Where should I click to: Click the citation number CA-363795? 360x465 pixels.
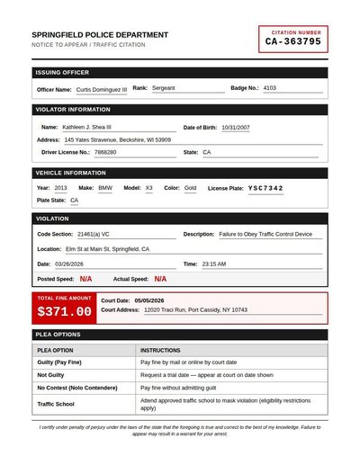point(292,41)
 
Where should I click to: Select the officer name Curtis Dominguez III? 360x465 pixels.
point(102,89)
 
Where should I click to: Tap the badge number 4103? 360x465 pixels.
point(270,88)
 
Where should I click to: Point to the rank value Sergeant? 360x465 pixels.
point(164,88)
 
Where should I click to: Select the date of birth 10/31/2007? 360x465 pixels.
point(236,127)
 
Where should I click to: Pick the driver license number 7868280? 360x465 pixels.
point(105,152)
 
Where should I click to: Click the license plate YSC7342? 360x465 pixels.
point(265,188)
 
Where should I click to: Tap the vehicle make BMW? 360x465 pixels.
point(105,188)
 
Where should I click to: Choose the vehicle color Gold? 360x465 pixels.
point(190,188)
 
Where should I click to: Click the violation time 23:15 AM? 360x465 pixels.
point(214,264)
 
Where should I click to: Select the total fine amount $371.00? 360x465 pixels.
point(64,312)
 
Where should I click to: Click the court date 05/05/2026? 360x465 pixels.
point(149,300)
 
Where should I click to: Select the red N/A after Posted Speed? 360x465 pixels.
point(85,280)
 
